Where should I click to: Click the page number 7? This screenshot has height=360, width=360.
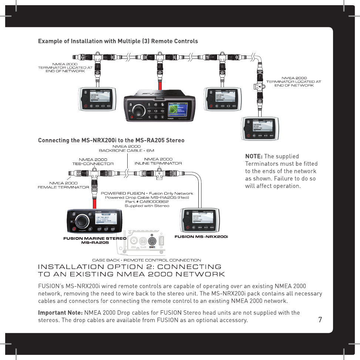click(x=320, y=319)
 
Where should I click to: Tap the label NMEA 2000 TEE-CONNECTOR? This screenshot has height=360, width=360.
click(x=93, y=161)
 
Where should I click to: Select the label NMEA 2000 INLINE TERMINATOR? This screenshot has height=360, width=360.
click(x=158, y=161)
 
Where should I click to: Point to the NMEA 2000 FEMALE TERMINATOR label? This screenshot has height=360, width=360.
click(x=63, y=185)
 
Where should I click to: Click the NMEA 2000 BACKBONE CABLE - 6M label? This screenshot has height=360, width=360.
click(x=126, y=149)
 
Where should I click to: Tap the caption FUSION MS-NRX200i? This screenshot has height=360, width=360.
click(x=201, y=236)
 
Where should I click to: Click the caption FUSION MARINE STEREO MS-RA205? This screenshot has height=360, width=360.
click(x=95, y=240)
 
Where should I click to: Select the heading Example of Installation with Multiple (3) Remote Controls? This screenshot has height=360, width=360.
click(x=118, y=41)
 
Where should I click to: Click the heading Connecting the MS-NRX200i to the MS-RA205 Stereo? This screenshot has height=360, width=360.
click(x=111, y=140)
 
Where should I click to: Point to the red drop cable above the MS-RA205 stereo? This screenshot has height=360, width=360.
click(x=95, y=200)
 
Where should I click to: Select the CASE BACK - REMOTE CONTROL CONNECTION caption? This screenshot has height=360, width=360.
click(x=147, y=260)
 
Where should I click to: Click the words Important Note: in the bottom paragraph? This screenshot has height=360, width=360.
click(x=61, y=313)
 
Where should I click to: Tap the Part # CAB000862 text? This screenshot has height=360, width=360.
click(x=147, y=202)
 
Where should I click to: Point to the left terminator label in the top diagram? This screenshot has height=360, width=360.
click(x=65, y=68)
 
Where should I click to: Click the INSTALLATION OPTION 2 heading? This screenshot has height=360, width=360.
click(x=131, y=270)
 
